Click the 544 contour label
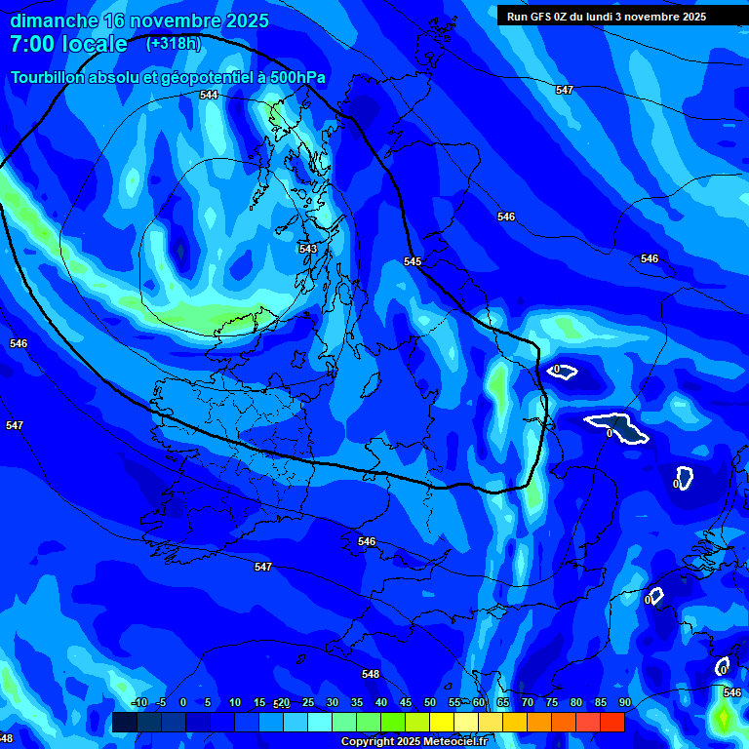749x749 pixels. pos(209,95)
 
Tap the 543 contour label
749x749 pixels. pos(308,249)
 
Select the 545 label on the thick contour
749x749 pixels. pos(413,261)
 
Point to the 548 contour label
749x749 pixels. pos(370,674)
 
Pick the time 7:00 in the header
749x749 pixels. pos(34,44)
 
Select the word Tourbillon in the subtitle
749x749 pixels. pos(48,78)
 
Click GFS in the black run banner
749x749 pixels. pos(546,16)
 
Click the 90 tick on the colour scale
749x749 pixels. pos(624,702)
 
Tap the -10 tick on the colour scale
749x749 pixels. pos(138,702)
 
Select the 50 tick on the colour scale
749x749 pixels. pos(430,702)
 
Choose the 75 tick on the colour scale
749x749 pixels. pos(552,702)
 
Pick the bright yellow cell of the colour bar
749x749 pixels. pos(442,723)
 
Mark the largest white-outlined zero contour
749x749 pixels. pos(618,426)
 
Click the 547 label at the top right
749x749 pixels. pos(564,90)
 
